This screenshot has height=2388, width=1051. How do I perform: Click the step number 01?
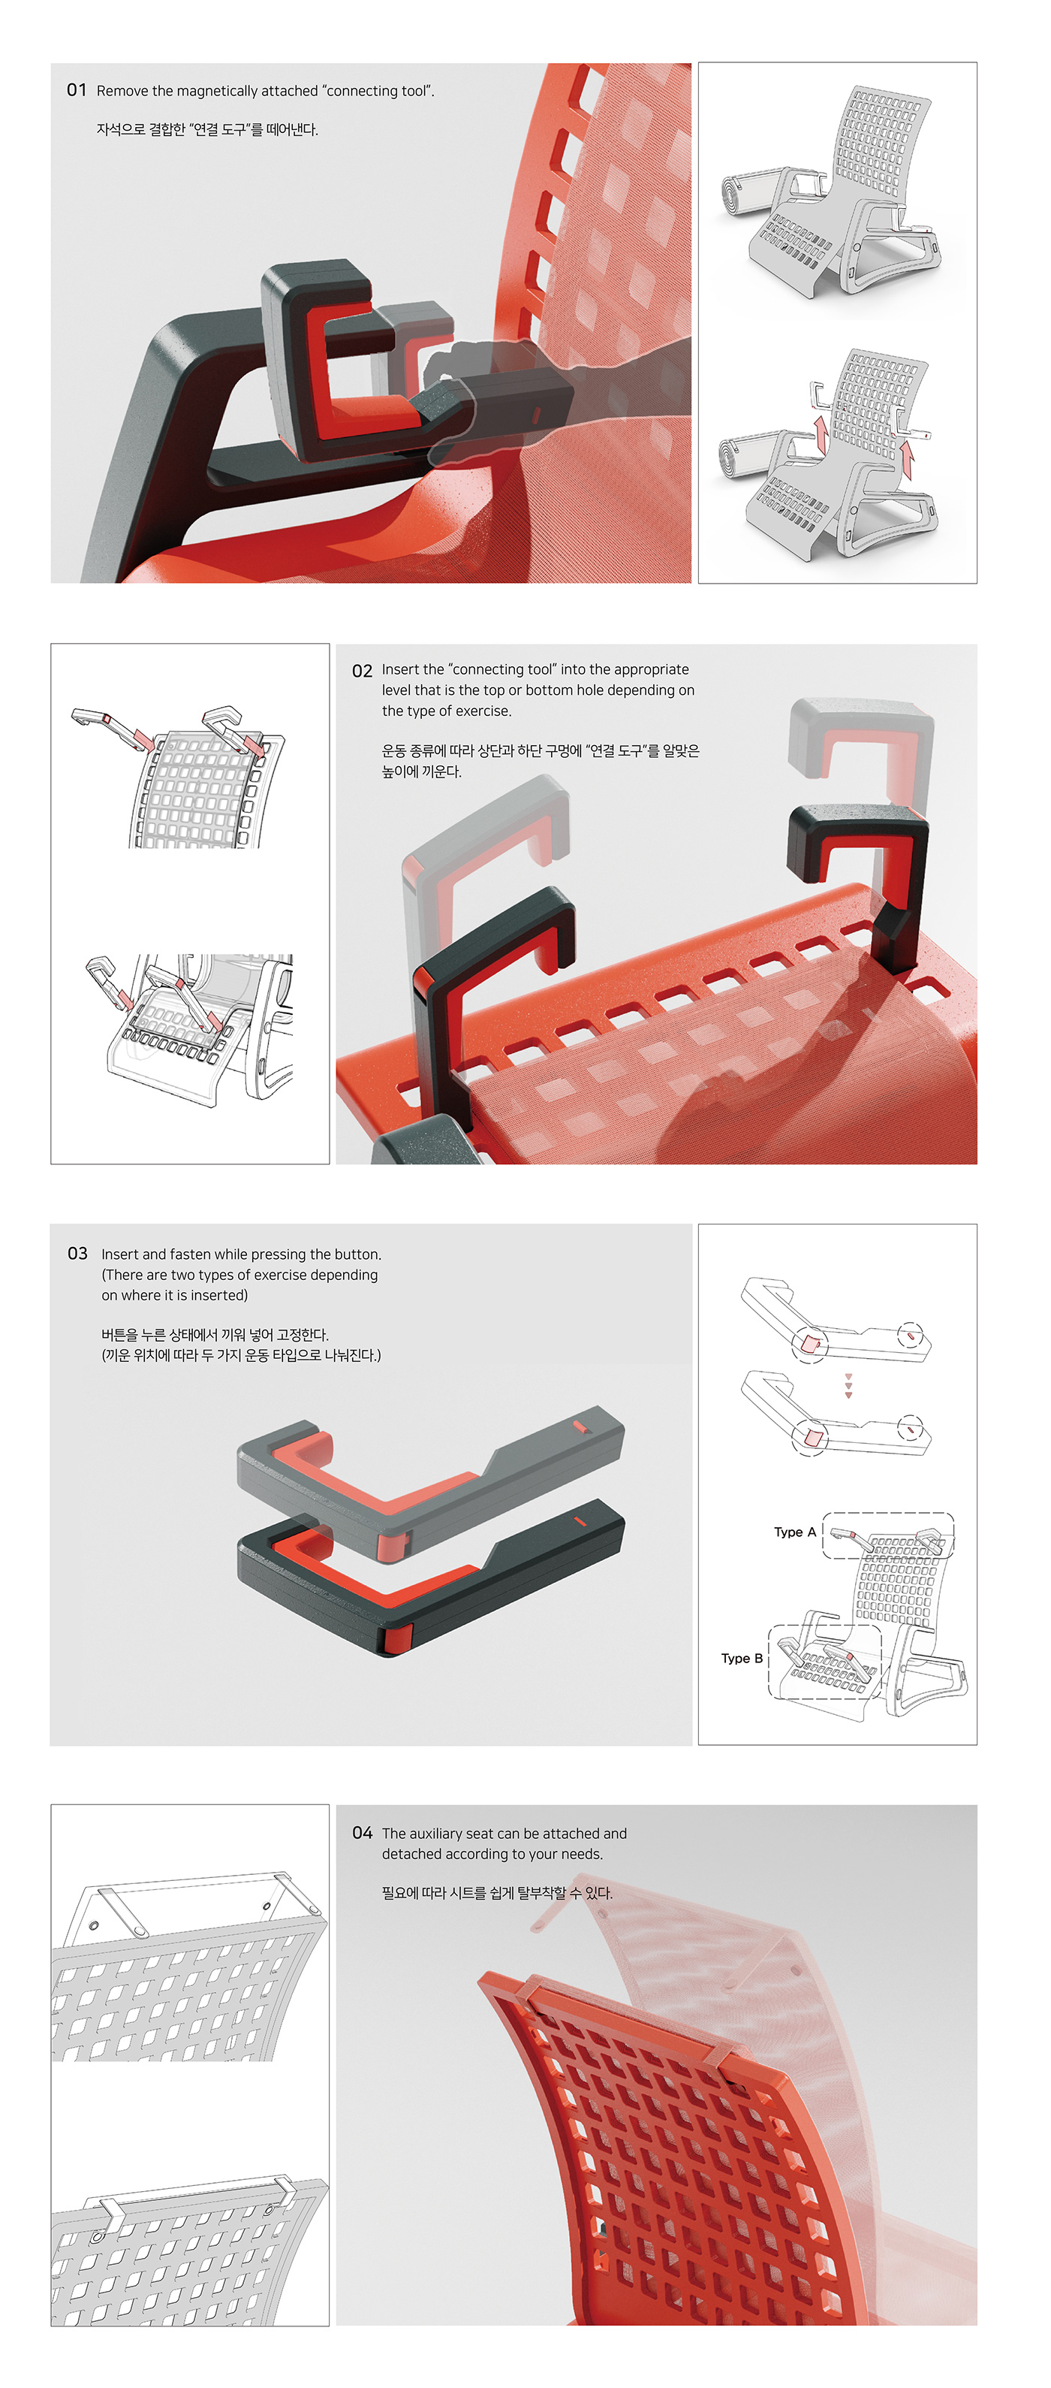[76, 90]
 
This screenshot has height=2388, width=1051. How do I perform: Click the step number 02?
[361, 670]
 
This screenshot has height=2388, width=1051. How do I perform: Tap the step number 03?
[77, 1253]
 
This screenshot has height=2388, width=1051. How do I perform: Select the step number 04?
[361, 1833]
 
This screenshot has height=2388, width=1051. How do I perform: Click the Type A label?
[794, 1532]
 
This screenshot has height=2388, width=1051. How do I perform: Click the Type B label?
[742, 1658]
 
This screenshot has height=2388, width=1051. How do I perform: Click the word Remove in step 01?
[122, 91]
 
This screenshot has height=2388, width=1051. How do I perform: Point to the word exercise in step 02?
[482, 711]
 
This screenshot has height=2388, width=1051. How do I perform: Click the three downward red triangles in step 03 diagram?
[848, 1385]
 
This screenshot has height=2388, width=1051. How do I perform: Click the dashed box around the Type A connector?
[888, 1536]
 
